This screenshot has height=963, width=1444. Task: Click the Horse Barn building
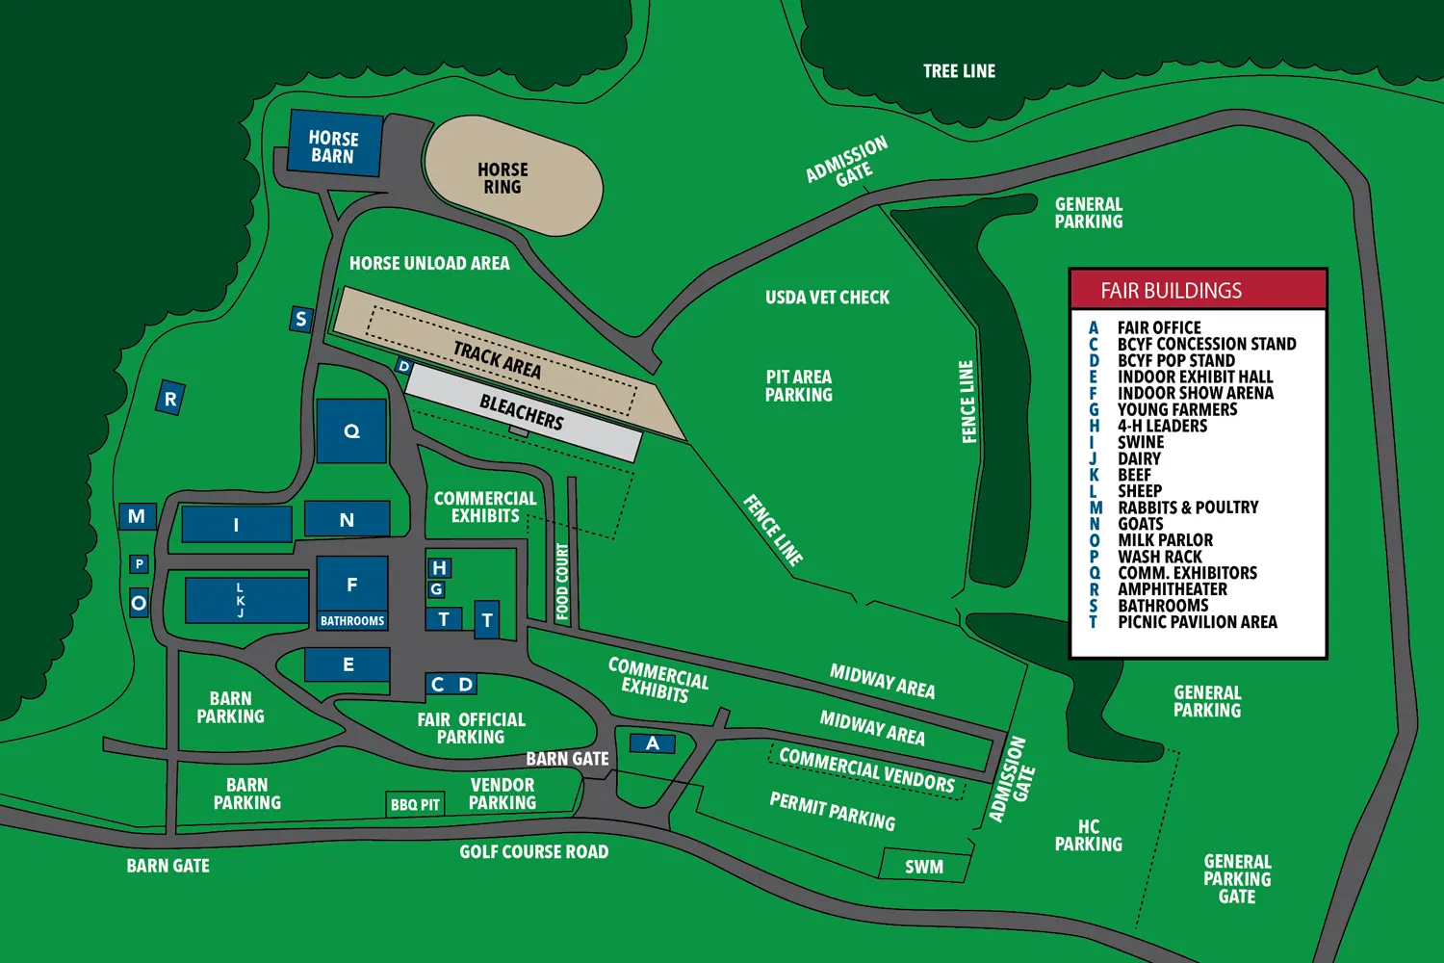[334, 144]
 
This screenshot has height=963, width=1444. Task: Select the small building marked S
[301, 319]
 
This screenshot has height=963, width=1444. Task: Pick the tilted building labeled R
[170, 398]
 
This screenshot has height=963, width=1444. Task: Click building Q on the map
[351, 431]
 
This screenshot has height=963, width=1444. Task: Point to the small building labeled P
[140, 564]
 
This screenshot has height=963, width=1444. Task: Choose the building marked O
[139, 604]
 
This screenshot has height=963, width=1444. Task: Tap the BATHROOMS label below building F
[352, 621]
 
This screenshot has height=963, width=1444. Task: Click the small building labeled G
[437, 589]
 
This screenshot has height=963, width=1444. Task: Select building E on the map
[348, 664]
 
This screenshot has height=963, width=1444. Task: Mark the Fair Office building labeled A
[653, 742]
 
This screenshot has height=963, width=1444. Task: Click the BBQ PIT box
[415, 804]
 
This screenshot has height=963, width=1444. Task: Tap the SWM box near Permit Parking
[924, 866]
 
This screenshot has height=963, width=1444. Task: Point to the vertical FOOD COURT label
[562, 582]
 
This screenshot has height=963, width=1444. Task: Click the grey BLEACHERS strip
[523, 413]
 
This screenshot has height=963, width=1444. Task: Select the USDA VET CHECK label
[827, 298]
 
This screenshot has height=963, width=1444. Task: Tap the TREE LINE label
[959, 71]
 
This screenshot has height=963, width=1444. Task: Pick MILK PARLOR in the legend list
[1165, 540]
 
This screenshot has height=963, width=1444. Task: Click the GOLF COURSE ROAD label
[533, 851]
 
